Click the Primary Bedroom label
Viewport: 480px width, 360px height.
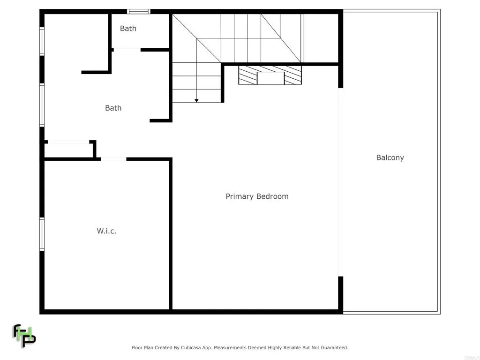tap(257, 196)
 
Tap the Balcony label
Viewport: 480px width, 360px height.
tap(390, 157)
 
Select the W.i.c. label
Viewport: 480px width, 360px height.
tap(106, 231)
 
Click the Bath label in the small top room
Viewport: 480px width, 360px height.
tap(128, 28)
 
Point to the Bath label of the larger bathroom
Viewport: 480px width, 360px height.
tap(113, 108)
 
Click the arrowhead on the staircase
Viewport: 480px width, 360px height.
tap(197, 100)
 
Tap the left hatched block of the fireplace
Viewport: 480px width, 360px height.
tap(248, 75)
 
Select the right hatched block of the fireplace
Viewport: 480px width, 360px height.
tap(292, 75)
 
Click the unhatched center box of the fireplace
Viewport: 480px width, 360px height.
tap(270, 78)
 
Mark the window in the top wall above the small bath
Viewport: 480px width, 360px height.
tap(139, 11)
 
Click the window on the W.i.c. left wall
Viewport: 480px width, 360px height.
tap(42, 234)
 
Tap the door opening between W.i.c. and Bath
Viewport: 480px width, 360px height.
tap(113, 159)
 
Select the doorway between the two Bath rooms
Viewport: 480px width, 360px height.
tap(127, 49)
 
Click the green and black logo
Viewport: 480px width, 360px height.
tap(24, 335)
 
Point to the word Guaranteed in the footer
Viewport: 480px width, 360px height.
tap(332, 348)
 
